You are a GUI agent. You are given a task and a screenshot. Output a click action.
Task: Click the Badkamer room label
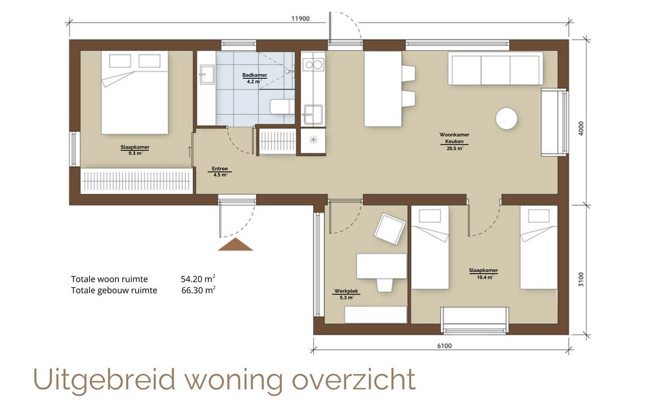click(x=254, y=75)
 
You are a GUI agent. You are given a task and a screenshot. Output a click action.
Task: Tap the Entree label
click(x=220, y=169)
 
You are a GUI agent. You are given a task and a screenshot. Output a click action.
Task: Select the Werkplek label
click(x=346, y=291)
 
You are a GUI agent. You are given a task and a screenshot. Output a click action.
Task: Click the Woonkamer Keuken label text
click(x=454, y=138)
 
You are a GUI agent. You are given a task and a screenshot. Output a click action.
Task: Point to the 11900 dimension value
click(x=300, y=19)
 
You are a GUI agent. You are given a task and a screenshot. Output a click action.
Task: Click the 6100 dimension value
click(x=445, y=346)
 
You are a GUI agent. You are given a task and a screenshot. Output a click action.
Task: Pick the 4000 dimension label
click(x=581, y=128)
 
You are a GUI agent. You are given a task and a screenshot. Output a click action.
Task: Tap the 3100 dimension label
click(x=581, y=279)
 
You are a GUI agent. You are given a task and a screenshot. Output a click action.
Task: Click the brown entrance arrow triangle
click(x=235, y=245)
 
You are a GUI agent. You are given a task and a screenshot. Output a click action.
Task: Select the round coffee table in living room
click(x=507, y=118)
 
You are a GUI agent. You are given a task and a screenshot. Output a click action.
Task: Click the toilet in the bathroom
click(x=282, y=107)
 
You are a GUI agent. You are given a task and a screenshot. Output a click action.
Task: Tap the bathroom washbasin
click(x=207, y=75)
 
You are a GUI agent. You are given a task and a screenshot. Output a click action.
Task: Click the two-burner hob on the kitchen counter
click(x=314, y=65)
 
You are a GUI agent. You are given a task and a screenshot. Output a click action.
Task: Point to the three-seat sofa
click(x=495, y=69)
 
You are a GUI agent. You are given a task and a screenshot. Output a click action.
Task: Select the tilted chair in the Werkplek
click(x=389, y=229)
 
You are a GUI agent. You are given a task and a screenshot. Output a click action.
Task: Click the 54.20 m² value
click(x=198, y=279)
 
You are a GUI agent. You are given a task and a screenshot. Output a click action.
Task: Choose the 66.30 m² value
click(x=198, y=290)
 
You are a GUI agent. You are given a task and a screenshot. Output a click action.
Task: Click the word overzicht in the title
click(x=354, y=380)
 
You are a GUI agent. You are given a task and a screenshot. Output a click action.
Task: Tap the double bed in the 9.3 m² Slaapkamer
click(x=135, y=93)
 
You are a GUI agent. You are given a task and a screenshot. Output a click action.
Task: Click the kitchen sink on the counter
click(x=313, y=114)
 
